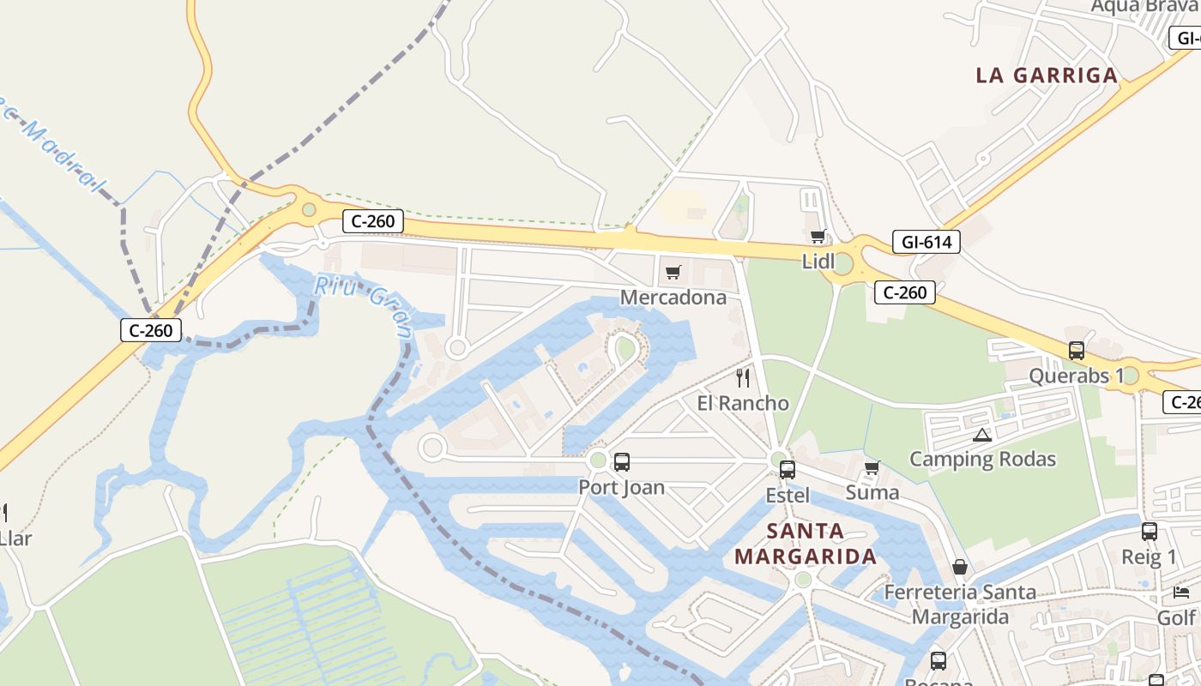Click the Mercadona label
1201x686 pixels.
pyautogui.click(x=673, y=298)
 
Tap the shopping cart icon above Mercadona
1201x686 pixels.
pyautogui.click(x=673, y=273)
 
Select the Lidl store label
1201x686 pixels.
pyautogui.click(x=818, y=262)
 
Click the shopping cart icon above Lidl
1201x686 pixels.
pyautogui.click(x=818, y=237)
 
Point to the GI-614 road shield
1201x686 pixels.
pyautogui.click(x=926, y=243)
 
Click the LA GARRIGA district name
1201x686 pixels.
pyautogui.click(x=1047, y=75)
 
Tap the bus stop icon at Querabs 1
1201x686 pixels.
pyautogui.click(x=1076, y=351)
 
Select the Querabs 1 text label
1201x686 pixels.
pyautogui.click(x=1076, y=376)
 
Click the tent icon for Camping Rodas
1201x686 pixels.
pyautogui.click(x=982, y=435)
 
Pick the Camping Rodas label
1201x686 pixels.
pyautogui.click(x=982, y=460)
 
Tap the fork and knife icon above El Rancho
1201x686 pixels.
pyautogui.click(x=743, y=377)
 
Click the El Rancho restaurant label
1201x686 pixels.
pyautogui.click(x=743, y=403)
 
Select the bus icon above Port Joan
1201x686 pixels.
pyautogui.click(x=622, y=462)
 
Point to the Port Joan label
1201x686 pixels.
pyautogui.click(x=622, y=488)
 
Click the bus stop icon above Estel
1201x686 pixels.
pyautogui.click(x=787, y=470)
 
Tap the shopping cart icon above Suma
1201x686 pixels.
pyautogui.click(x=872, y=467)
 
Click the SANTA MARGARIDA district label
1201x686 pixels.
pyautogui.click(x=806, y=544)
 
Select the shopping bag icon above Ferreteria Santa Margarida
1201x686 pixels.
pyautogui.click(x=960, y=567)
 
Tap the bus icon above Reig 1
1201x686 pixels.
pyautogui.click(x=1149, y=532)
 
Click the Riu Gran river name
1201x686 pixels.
pyautogui.click(x=363, y=305)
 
